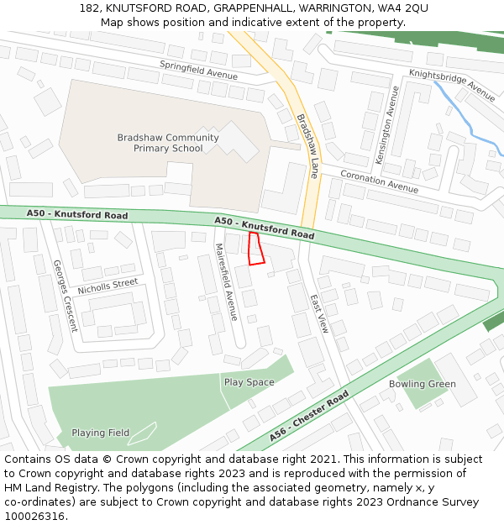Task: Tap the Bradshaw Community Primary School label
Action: [x=168, y=143]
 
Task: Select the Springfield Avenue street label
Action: [x=199, y=70]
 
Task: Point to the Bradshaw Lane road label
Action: [x=307, y=145]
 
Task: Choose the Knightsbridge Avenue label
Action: [x=452, y=85]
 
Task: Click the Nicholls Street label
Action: [x=108, y=286]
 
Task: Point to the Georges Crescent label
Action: [x=65, y=296]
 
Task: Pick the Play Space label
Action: [x=249, y=382]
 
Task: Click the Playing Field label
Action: [x=100, y=433]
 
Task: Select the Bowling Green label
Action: [x=422, y=384]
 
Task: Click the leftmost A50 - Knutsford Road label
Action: [x=77, y=215]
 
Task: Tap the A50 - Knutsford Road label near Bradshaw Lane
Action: [x=264, y=228]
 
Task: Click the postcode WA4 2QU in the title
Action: [x=402, y=8]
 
